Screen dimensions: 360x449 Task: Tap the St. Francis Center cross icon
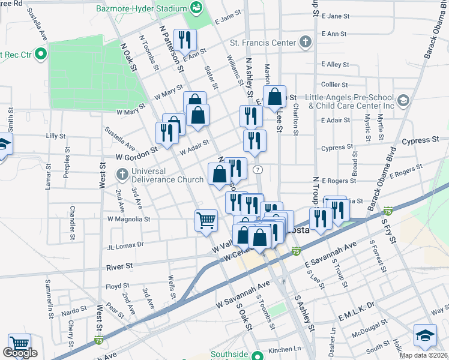(x=306, y=43)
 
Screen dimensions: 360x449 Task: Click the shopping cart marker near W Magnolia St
(x=206, y=220)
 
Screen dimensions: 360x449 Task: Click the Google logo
(x=19, y=353)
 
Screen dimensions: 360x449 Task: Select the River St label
(x=119, y=266)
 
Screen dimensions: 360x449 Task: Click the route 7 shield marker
(x=257, y=170)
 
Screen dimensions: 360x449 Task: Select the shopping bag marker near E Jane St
(x=275, y=96)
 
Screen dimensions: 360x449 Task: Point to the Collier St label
(x=334, y=85)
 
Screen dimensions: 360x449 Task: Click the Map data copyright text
(x=423, y=355)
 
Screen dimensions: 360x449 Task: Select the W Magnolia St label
(x=128, y=219)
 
